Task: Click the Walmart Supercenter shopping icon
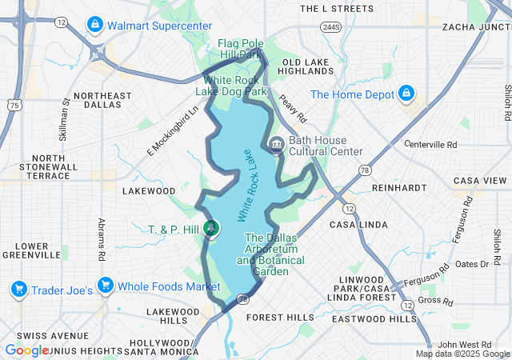click(x=95, y=26)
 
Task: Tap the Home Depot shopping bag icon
click(x=406, y=94)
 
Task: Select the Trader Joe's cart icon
click(x=18, y=287)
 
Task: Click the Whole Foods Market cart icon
click(x=105, y=286)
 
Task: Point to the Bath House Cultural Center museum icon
click(x=277, y=146)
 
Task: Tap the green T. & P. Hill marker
click(x=211, y=230)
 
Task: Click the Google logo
click(x=26, y=350)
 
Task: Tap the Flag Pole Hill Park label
click(x=241, y=49)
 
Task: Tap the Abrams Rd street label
click(x=102, y=239)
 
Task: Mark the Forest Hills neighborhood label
click(x=280, y=317)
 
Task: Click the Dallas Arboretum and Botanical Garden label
click(x=274, y=255)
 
